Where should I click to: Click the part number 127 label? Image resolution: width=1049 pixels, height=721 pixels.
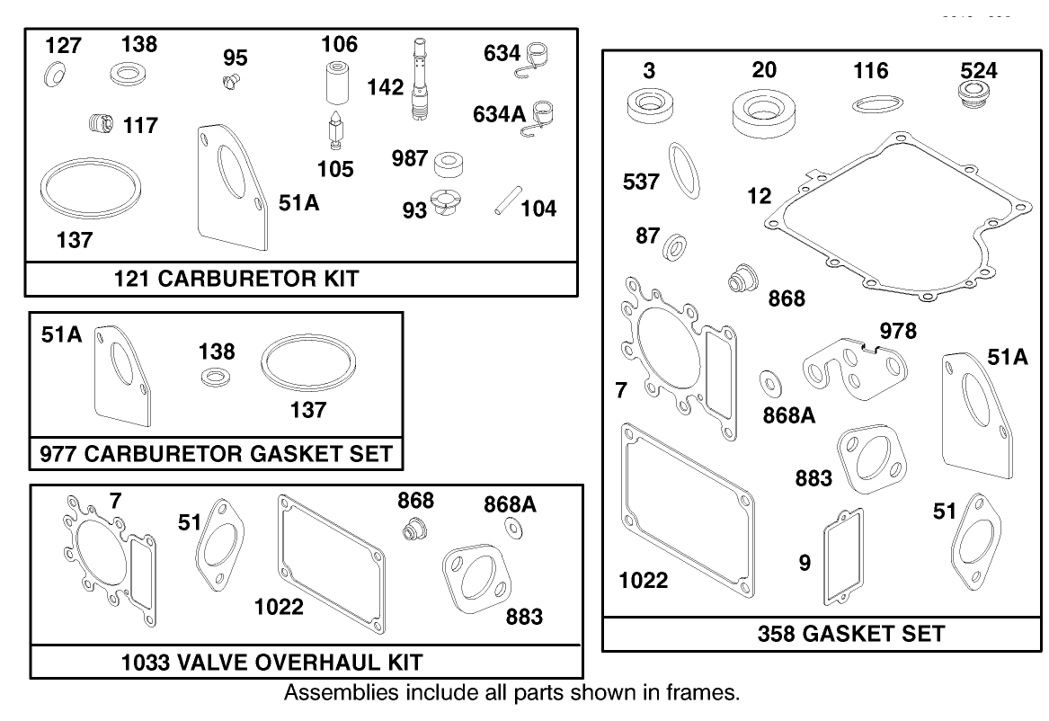[64, 46]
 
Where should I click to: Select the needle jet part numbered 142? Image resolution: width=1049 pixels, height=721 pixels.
[418, 81]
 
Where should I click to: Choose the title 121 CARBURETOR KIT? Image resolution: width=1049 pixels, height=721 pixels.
[236, 279]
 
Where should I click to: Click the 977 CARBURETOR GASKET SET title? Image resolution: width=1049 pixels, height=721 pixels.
[217, 454]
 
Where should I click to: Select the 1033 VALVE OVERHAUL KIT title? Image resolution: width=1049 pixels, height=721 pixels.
[272, 663]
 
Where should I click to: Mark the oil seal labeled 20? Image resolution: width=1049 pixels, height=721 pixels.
[764, 112]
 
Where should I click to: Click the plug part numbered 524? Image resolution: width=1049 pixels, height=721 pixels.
[973, 94]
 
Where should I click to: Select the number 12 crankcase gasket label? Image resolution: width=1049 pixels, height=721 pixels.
[760, 195]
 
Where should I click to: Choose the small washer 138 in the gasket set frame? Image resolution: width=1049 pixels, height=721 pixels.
[215, 375]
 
